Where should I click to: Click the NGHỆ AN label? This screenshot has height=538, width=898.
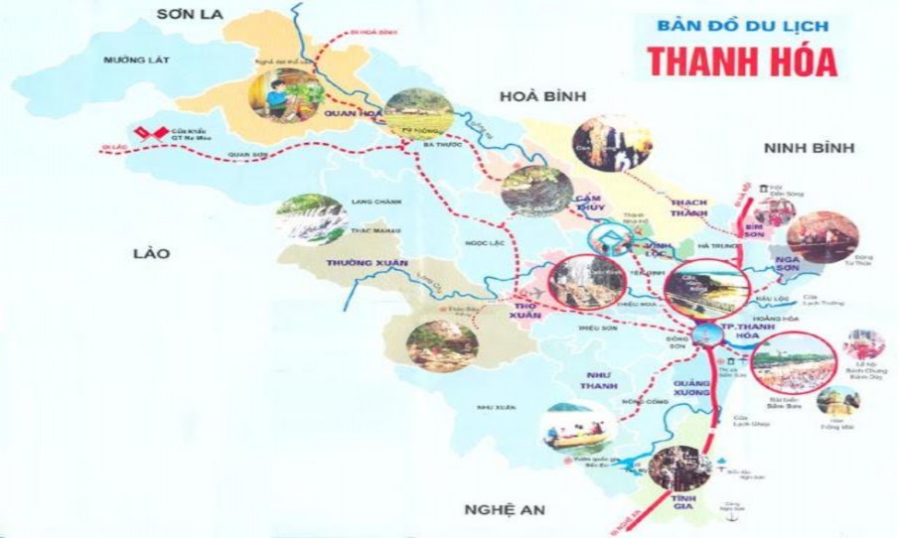[505, 509]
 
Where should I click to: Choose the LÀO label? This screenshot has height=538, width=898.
[151, 253]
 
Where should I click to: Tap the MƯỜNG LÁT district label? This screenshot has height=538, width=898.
[137, 61]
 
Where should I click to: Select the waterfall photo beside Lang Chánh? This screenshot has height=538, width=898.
[310, 219]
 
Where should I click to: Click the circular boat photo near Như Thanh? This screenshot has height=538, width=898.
[576, 427]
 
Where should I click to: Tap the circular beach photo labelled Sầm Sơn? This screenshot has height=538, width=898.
[792, 363]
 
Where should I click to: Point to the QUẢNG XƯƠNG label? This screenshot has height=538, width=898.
[693, 390]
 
